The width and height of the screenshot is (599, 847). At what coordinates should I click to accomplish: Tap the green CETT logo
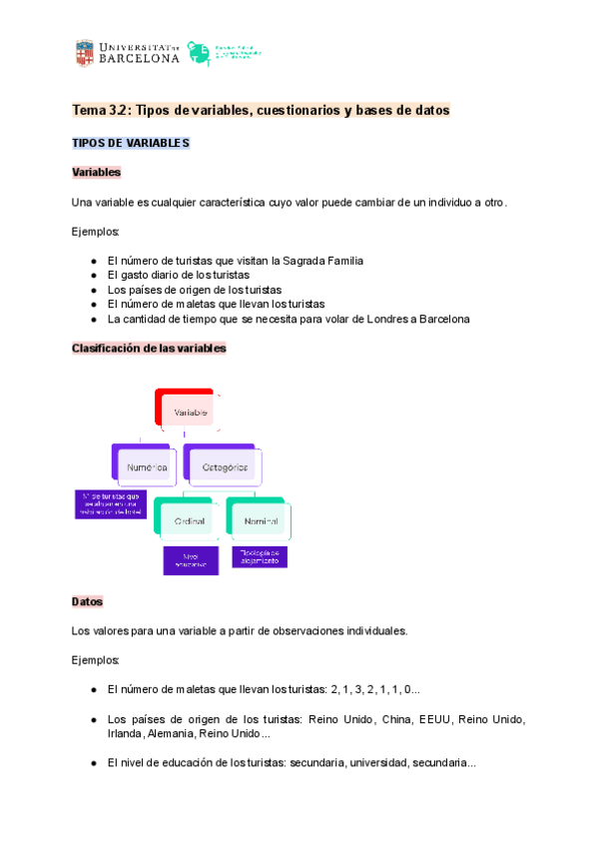pyautogui.click(x=200, y=53)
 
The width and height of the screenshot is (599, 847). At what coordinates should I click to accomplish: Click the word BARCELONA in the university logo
pyautogui.click(x=141, y=59)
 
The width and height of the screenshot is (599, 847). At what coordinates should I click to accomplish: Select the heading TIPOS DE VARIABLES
pyautogui.click(x=131, y=143)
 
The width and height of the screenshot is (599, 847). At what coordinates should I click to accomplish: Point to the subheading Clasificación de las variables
pyautogui.click(x=149, y=349)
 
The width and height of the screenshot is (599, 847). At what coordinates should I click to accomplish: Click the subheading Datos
pyautogui.click(x=87, y=602)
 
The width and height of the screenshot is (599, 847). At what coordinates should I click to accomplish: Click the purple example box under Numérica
pyautogui.click(x=111, y=503)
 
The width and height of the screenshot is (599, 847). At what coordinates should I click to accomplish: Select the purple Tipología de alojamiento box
pyautogui.click(x=260, y=556)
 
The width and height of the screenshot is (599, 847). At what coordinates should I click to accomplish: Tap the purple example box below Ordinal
pyautogui.click(x=191, y=559)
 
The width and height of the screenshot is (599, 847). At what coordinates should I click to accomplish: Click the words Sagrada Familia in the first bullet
pyautogui.click(x=325, y=261)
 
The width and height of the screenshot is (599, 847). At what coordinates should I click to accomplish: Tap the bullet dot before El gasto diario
pyautogui.click(x=93, y=275)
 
